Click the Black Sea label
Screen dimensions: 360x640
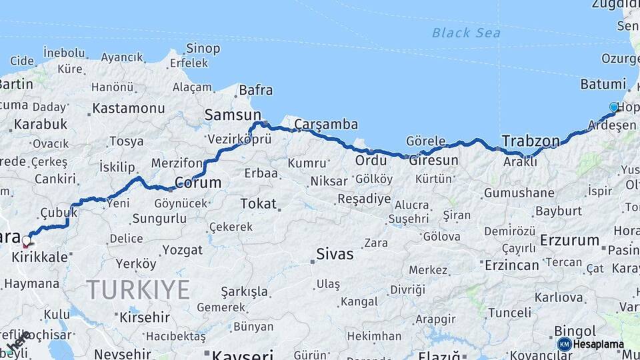466,32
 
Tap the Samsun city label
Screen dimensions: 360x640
232,115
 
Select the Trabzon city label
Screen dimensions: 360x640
531,141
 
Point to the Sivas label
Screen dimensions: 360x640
335,253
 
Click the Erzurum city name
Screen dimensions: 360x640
570,240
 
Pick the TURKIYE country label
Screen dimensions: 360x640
138,290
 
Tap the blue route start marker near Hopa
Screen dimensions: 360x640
614,107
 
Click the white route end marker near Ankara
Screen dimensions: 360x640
27,240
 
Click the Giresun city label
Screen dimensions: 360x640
433,161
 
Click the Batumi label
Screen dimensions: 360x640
603,85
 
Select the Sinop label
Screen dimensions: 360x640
203,48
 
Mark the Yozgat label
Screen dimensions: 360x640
182,250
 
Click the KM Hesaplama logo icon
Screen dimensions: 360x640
565,344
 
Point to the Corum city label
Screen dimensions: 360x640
198,182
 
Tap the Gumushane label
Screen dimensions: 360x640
519,193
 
